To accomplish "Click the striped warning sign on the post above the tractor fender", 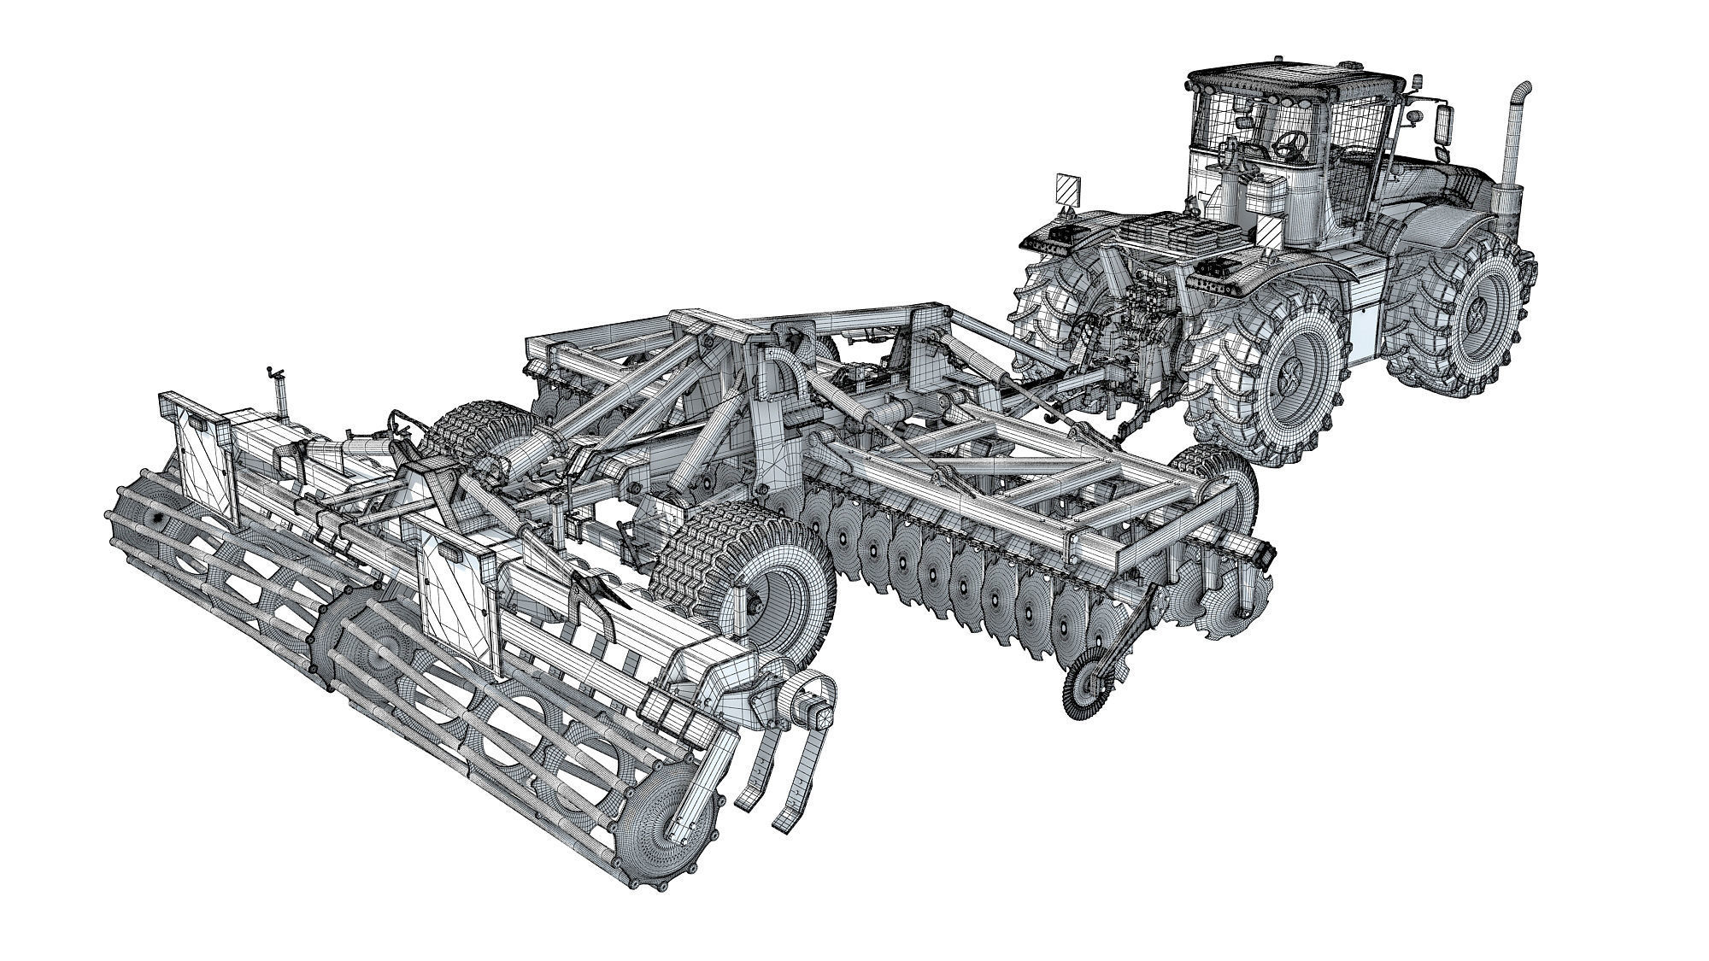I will (x=1066, y=189).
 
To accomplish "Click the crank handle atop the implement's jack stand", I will (x=275, y=373).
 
